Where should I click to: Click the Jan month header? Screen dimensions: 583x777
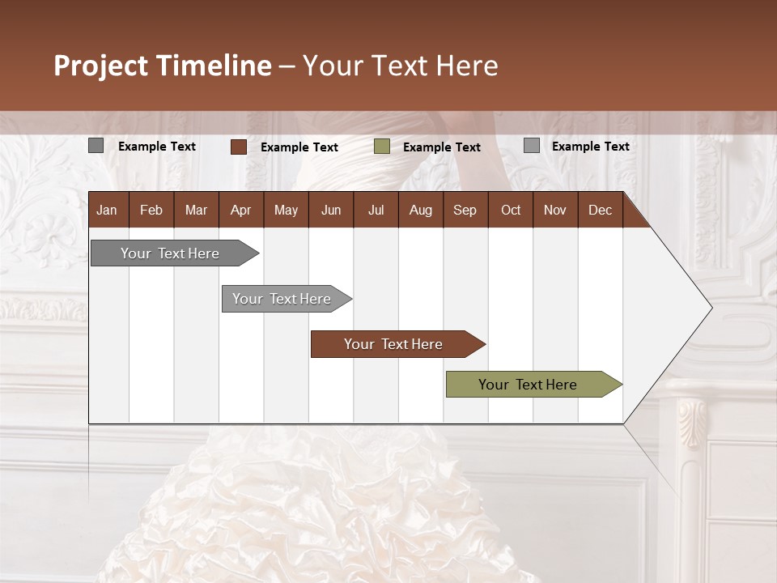pos(107,210)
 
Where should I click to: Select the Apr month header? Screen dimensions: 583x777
pos(240,210)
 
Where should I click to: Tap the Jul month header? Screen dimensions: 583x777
pos(376,210)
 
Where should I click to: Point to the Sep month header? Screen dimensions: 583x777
pos(465,210)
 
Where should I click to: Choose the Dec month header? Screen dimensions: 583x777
pos(600,210)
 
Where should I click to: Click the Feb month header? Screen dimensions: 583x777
pos(151,210)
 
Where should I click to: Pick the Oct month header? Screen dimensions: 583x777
pos(511,210)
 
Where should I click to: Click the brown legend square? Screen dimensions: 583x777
pos(239,147)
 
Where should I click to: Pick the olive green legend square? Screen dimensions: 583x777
pos(382,147)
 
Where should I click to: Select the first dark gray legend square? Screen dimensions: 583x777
pos(96,146)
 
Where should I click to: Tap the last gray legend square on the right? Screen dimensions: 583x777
pos(532,146)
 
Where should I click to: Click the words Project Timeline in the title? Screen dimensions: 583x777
pos(163,66)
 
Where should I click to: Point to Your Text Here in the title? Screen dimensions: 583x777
pos(400,66)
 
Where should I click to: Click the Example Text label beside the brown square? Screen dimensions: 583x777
pos(299,147)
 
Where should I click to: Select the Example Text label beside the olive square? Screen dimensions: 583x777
pos(441,147)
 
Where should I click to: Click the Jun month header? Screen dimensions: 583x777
pos(331,210)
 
